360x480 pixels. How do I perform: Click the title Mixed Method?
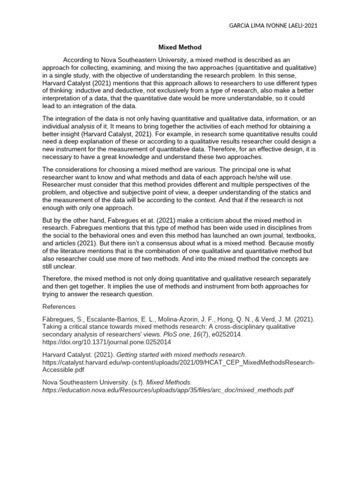tap(180, 47)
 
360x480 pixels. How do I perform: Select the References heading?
tap(59, 307)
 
